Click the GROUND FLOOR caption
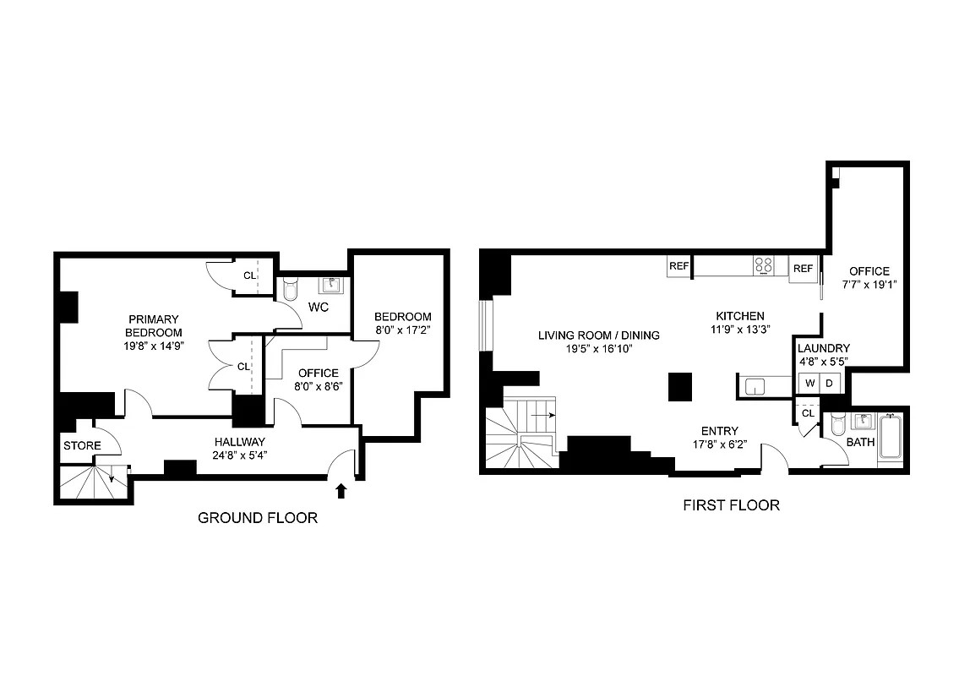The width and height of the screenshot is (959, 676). coord(258,518)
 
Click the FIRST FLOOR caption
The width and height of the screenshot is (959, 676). coord(731,505)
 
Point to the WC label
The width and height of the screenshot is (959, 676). coord(319,306)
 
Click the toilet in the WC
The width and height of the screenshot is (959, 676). coord(290,291)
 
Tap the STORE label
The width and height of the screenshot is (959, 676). coord(81,445)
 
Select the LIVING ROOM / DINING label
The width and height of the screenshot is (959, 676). coord(599,335)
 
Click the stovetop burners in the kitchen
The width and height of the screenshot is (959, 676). coord(764,266)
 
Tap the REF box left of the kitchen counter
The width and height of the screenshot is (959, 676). coord(679,266)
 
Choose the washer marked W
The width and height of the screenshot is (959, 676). coord(809,384)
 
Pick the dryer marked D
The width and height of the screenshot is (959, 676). coord(829,384)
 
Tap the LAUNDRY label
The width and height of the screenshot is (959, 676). coord(824,348)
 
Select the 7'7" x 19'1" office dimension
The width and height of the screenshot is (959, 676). coord(869,285)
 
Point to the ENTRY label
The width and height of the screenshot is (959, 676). coord(720,431)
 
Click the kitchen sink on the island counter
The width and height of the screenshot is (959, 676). coord(755,386)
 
